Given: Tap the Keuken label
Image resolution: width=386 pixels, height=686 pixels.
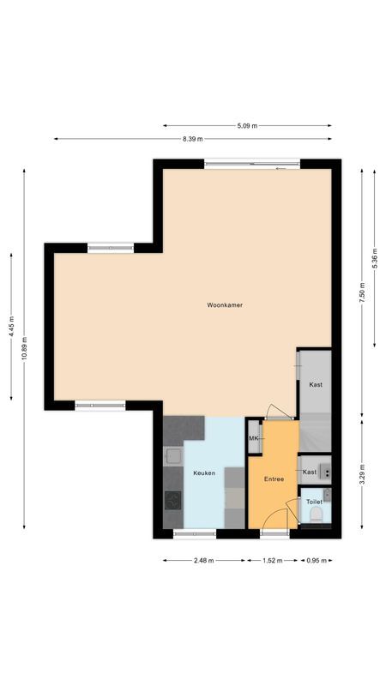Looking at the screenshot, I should [x=204, y=472].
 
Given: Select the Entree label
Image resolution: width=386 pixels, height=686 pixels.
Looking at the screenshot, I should [x=274, y=479].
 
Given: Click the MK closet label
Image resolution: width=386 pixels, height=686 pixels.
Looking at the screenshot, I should [x=254, y=439].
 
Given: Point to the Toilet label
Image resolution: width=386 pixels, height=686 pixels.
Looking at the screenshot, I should [x=314, y=501].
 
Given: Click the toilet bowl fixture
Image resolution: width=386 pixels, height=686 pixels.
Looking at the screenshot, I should [x=316, y=515].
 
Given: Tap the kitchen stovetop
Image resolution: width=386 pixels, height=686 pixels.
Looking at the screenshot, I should [x=173, y=500].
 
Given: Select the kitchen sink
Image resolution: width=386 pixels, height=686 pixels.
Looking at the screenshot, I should [x=172, y=457].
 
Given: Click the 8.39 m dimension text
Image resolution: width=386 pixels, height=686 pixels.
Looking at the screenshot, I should [x=193, y=139].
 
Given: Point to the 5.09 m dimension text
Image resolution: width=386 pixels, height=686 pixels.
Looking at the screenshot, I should [x=247, y=126].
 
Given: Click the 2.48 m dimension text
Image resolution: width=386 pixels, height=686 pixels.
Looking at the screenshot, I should [x=204, y=560].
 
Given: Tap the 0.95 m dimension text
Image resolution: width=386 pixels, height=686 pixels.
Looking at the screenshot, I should [x=317, y=560].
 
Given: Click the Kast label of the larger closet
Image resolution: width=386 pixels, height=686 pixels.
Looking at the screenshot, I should [x=316, y=385].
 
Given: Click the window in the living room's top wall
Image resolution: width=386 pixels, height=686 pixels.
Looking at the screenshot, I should [x=251, y=163].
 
